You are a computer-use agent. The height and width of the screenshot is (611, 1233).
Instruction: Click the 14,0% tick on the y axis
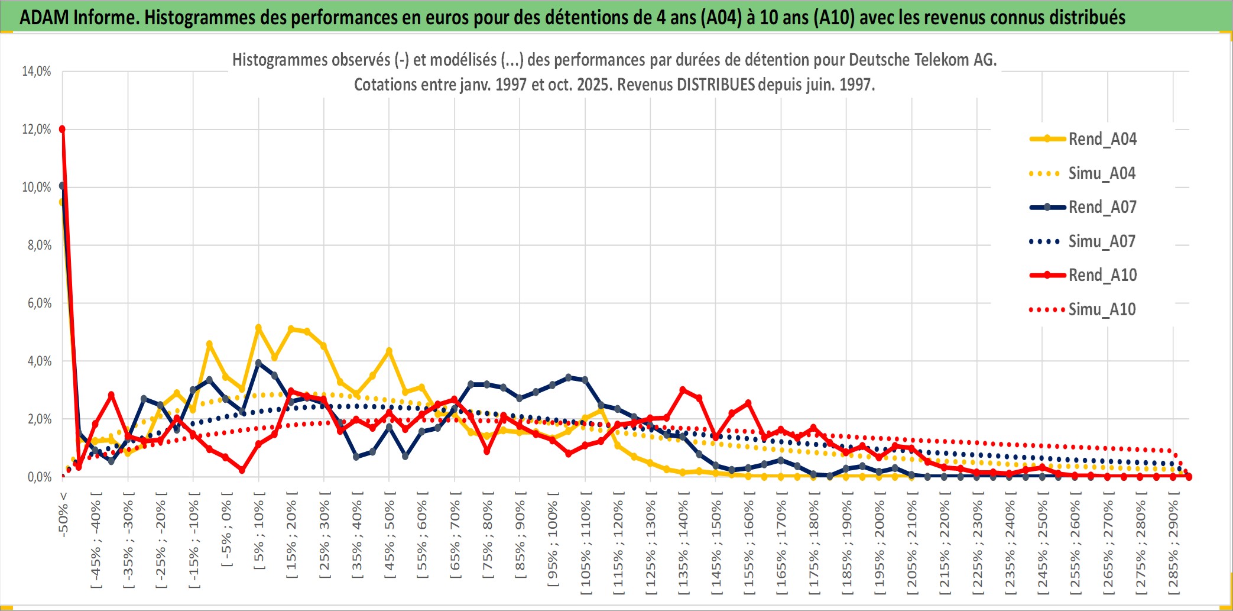(37, 72)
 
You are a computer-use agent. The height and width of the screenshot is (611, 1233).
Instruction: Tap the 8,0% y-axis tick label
(39, 245)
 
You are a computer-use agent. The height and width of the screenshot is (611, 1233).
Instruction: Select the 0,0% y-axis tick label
(39, 477)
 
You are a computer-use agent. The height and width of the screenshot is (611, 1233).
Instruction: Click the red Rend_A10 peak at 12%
(62, 129)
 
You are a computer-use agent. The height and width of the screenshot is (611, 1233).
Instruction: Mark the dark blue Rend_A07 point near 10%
(62, 186)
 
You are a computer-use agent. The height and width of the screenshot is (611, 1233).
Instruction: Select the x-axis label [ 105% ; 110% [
(585, 544)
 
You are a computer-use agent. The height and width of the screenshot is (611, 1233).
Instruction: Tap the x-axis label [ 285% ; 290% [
(1173, 544)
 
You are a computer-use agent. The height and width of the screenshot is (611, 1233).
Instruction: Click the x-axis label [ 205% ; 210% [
(912, 544)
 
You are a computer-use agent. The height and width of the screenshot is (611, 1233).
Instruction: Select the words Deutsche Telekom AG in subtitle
(922, 60)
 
